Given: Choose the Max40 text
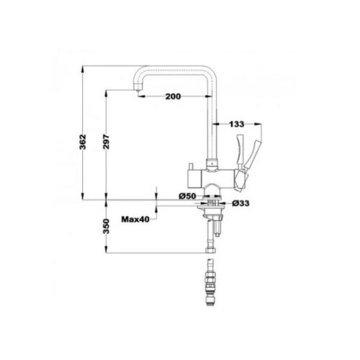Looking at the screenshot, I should point(135,220).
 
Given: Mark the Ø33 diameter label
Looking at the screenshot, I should point(240,204).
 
